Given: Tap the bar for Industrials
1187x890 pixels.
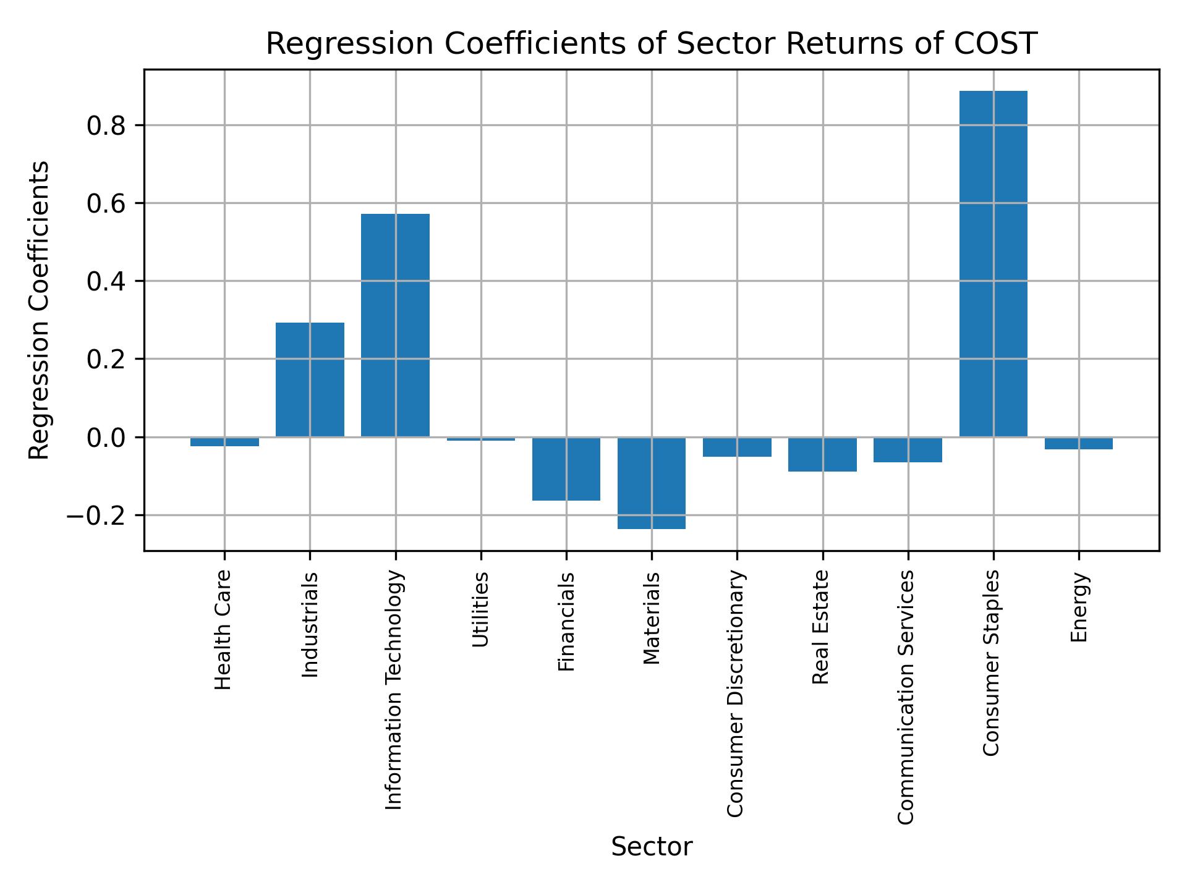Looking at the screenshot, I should [x=310, y=379].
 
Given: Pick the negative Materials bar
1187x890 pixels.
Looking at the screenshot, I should [x=651, y=483].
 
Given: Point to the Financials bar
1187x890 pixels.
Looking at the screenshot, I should [x=566, y=468].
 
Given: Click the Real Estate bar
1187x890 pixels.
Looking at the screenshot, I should [x=822, y=454].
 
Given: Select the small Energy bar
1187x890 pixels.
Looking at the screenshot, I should [x=1078, y=443].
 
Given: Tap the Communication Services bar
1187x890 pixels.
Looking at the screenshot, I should [x=908, y=449].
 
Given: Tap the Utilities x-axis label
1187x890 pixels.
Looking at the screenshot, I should [x=480, y=609].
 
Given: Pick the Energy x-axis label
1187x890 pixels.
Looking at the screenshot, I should [x=1078, y=608].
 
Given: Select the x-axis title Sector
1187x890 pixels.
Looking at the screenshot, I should [x=651, y=847].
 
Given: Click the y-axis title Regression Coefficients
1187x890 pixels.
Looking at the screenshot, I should [x=39, y=310].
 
